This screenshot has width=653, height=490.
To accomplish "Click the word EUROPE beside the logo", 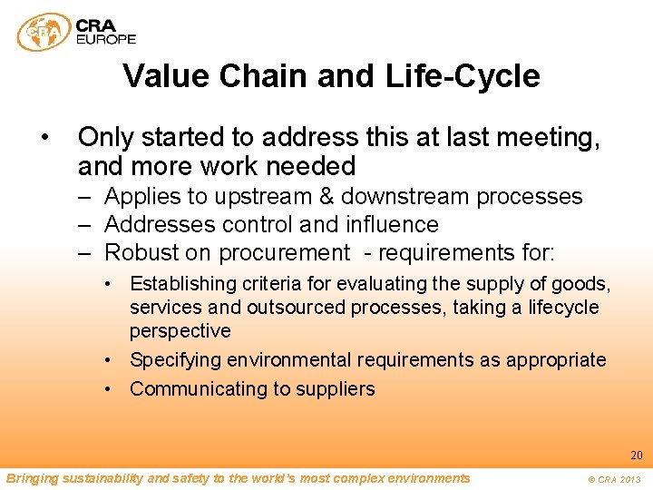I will coord(107,39).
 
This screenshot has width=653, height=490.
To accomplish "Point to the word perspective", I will coord(180,331).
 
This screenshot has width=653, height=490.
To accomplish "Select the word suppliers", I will coord(339,389).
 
